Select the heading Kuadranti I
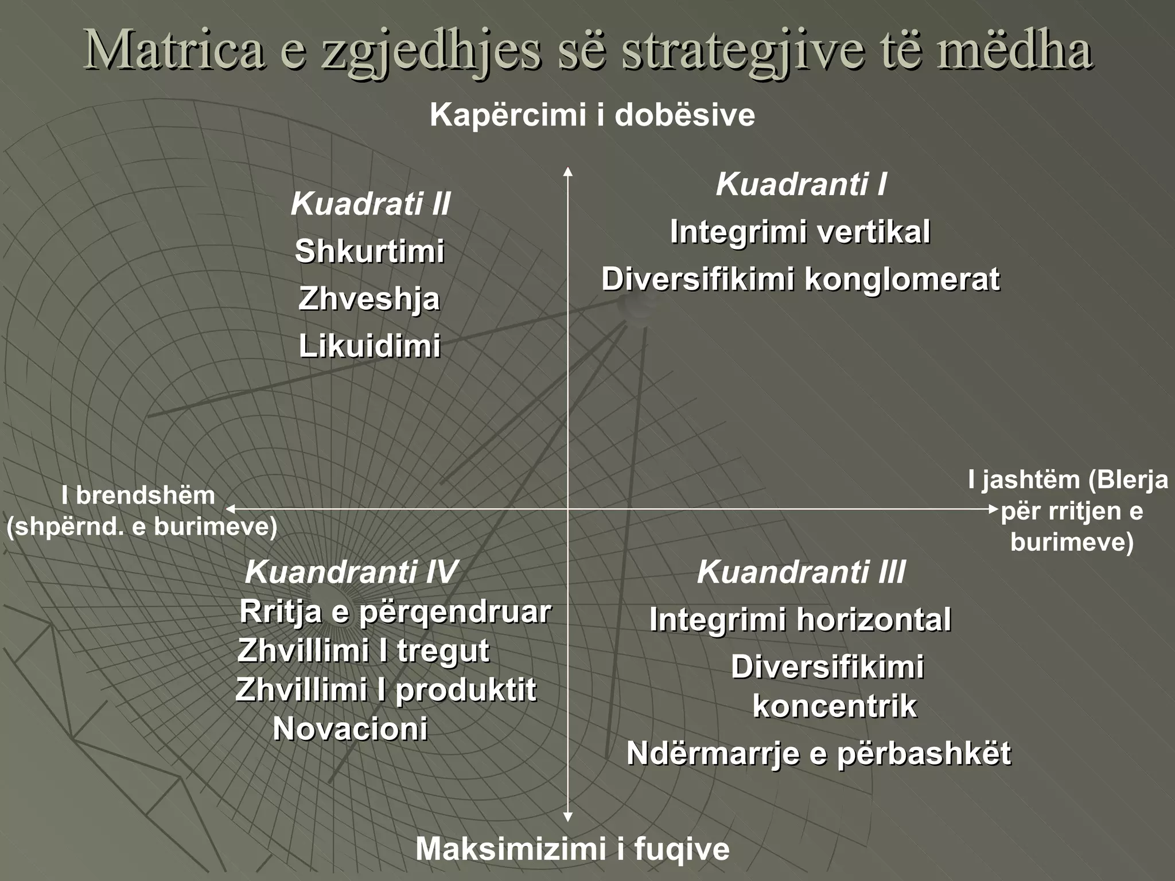[801, 185]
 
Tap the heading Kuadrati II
[370, 204]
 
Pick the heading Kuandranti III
[801, 572]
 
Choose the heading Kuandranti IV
[351, 572]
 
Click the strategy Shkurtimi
[369, 252]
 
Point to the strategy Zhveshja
[369, 299]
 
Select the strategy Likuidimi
[369, 346]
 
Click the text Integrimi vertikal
[800, 232]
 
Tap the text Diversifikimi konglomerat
[800, 280]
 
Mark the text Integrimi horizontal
[800, 620]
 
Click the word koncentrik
[834, 706]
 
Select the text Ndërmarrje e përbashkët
[818, 753]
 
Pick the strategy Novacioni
[350, 729]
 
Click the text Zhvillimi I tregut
[363, 651]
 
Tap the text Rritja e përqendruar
[395, 612]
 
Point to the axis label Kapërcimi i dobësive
[592, 115]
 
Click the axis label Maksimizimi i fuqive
[572, 849]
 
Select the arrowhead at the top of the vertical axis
[567, 171]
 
